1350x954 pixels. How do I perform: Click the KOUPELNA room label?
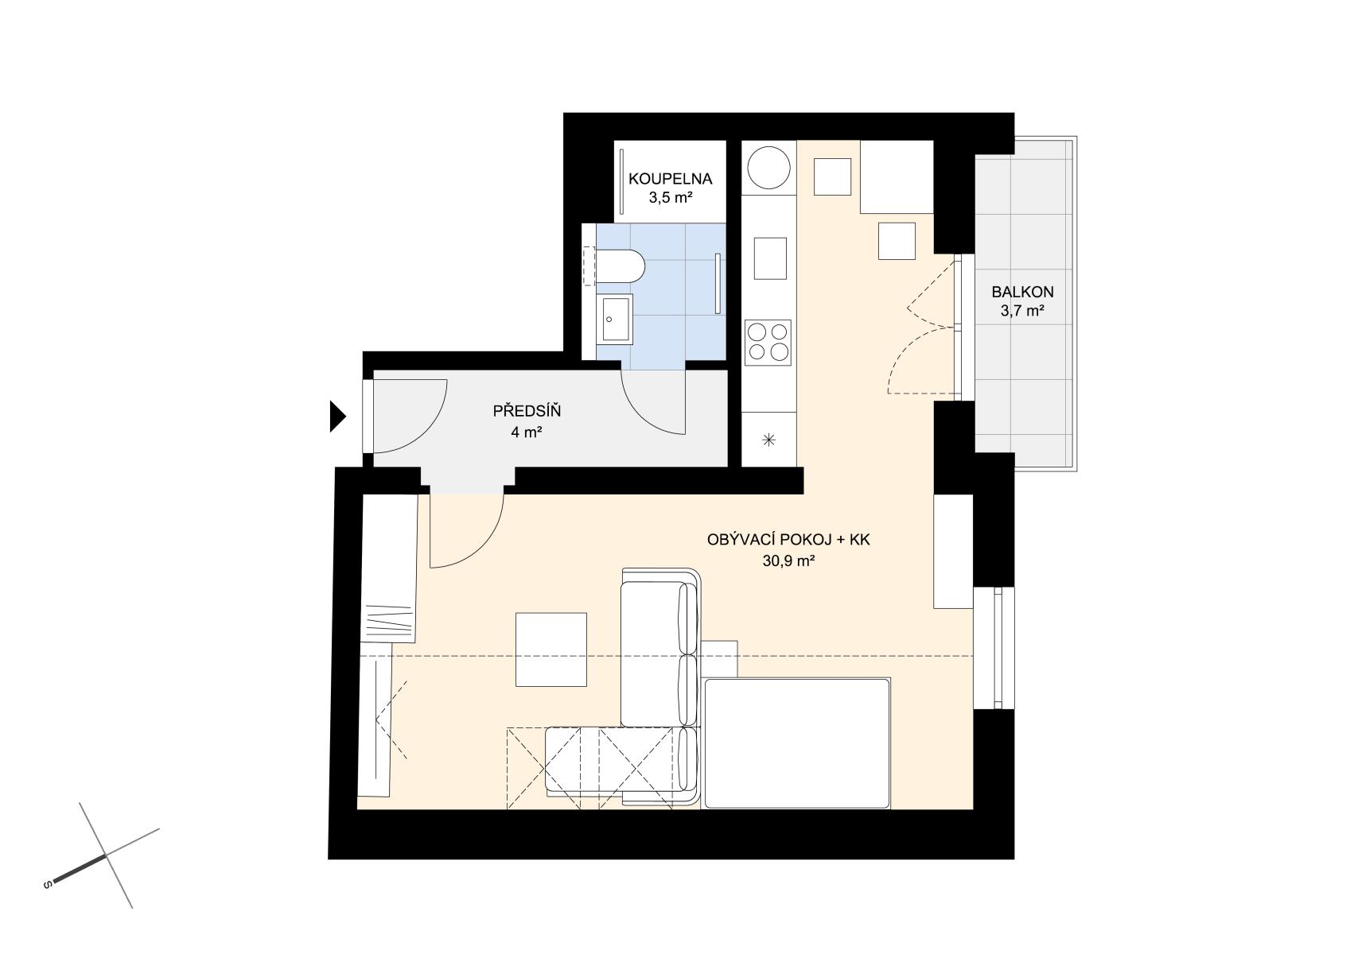click(670, 179)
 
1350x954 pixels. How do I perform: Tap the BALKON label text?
click(1023, 292)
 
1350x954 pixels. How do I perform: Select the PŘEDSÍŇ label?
click(527, 411)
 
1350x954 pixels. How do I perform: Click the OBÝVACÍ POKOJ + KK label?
click(788, 540)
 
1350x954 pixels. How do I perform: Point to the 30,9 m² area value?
click(788, 561)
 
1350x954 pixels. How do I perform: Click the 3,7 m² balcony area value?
click(1023, 311)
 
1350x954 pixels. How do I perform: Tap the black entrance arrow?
click(337, 416)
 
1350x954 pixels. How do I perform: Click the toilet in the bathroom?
click(620, 266)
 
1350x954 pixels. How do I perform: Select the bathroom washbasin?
click(614, 320)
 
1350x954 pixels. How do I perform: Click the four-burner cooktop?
click(768, 342)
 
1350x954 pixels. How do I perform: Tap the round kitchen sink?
click(768, 168)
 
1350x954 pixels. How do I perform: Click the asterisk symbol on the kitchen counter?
click(768, 440)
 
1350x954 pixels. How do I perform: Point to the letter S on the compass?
click(48, 885)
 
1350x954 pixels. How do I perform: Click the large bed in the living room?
click(797, 743)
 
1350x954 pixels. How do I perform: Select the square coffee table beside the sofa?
click(551, 650)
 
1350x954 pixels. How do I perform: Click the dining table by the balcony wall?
click(897, 177)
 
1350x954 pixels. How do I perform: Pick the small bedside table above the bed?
click(720, 660)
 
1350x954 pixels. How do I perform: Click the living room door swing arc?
click(484, 549)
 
